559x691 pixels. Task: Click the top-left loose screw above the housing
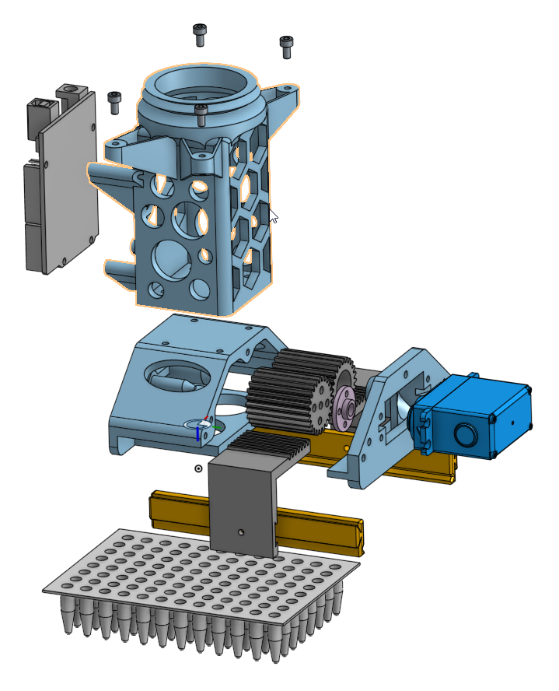coord(201,33)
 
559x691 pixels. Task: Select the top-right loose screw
coord(286,46)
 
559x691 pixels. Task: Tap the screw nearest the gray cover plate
coord(115,100)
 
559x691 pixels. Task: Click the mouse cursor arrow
coord(273,216)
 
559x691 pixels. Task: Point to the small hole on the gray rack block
coord(242,532)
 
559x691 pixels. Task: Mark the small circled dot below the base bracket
coord(198,468)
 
